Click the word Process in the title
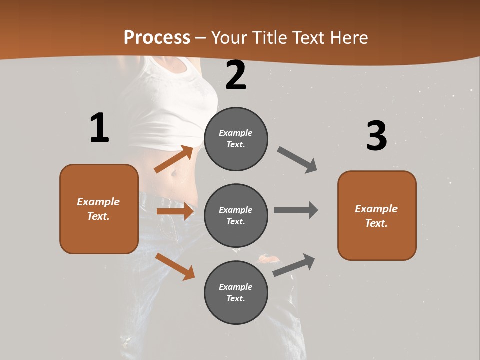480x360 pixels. tap(157, 38)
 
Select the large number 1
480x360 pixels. tap(99, 128)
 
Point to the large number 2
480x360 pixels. tap(236, 75)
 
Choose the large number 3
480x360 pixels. tap(376, 136)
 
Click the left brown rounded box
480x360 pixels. tap(99, 209)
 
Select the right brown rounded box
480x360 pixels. tap(377, 215)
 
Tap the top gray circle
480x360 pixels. tap(236, 139)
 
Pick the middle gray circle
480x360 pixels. tap(236, 215)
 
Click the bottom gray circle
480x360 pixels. tap(236, 292)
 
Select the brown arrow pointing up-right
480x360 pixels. tap(174, 159)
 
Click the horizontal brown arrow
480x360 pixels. tap(175, 211)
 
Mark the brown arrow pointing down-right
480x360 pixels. tap(175, 266)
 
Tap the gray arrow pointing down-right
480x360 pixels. tap(297, 160)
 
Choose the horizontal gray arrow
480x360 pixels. tap(296, 210)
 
